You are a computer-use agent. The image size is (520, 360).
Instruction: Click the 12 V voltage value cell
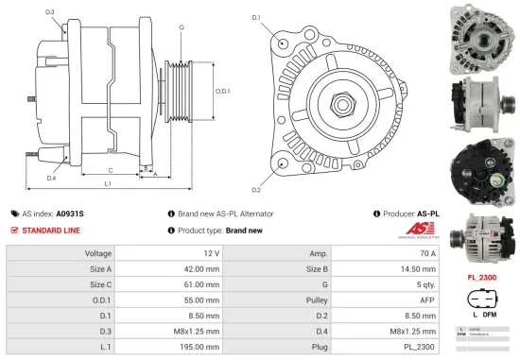point(210,253)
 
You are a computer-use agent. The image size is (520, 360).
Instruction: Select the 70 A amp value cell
point(427,253)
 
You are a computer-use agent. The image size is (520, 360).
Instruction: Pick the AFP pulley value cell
point(426,300)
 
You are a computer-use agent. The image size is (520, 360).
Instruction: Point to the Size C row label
point(99,284)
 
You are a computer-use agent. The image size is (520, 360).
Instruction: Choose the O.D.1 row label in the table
point(99,300)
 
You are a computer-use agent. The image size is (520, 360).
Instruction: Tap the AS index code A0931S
point(70,214)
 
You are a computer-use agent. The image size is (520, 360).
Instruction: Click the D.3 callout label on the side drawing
point(49,12)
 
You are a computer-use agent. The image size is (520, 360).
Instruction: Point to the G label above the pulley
point(181,27)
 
